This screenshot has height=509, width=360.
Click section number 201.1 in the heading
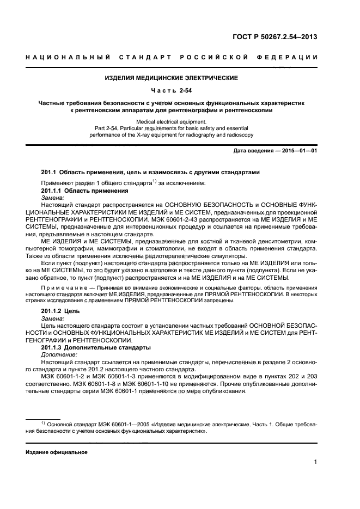point(49,172)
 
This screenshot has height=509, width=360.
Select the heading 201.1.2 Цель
point(60,311)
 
